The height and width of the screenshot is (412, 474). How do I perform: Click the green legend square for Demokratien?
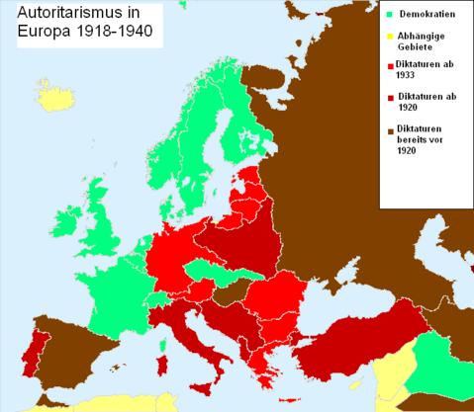[390, 14]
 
